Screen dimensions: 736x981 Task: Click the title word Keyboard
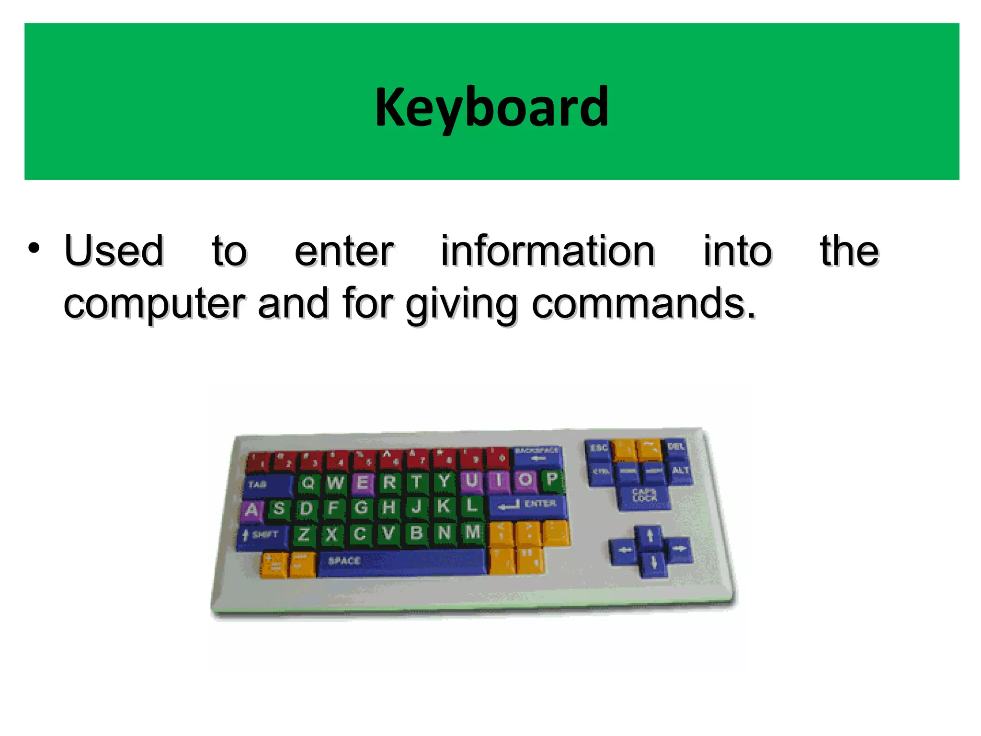[491, 107]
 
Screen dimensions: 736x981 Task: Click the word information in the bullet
[548, 251]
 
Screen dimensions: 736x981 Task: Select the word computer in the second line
[154, 304]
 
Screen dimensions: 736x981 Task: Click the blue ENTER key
[527, 505]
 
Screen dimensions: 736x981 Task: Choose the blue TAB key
[266, 484]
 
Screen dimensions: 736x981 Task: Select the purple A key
[251, 510]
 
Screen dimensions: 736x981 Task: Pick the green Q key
[308, 483]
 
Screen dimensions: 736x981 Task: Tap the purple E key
[363, 482]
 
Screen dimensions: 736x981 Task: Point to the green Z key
[304, 534]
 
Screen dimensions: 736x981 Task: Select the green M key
[472, 532]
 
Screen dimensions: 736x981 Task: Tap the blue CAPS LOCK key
[644, 496]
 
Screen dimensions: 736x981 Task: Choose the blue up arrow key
[650, 535]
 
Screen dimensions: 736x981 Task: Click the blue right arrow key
[678, 549]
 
